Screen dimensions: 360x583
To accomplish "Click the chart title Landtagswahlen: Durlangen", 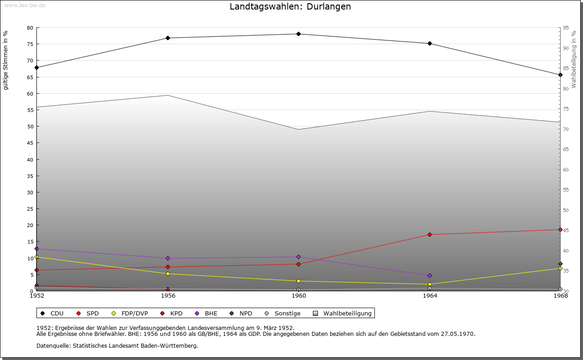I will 290,7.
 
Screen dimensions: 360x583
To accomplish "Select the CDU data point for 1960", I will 298,34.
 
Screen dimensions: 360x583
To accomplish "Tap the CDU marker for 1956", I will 168,38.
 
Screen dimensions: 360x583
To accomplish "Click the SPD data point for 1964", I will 430,234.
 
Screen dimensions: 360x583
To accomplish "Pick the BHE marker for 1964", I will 430,275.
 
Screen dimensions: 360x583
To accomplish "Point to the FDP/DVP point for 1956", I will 168,274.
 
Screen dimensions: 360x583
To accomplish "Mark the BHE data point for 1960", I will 298,257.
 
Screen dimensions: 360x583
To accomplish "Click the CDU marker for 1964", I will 430,44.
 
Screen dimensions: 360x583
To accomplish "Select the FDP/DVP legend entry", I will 130,313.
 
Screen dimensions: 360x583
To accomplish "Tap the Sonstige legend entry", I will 283,313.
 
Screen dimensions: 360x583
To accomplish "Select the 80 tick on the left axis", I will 30,28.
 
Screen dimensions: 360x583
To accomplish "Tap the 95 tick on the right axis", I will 566,28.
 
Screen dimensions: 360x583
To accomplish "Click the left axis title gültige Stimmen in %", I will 6,61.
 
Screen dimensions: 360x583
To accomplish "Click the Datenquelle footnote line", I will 117,345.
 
